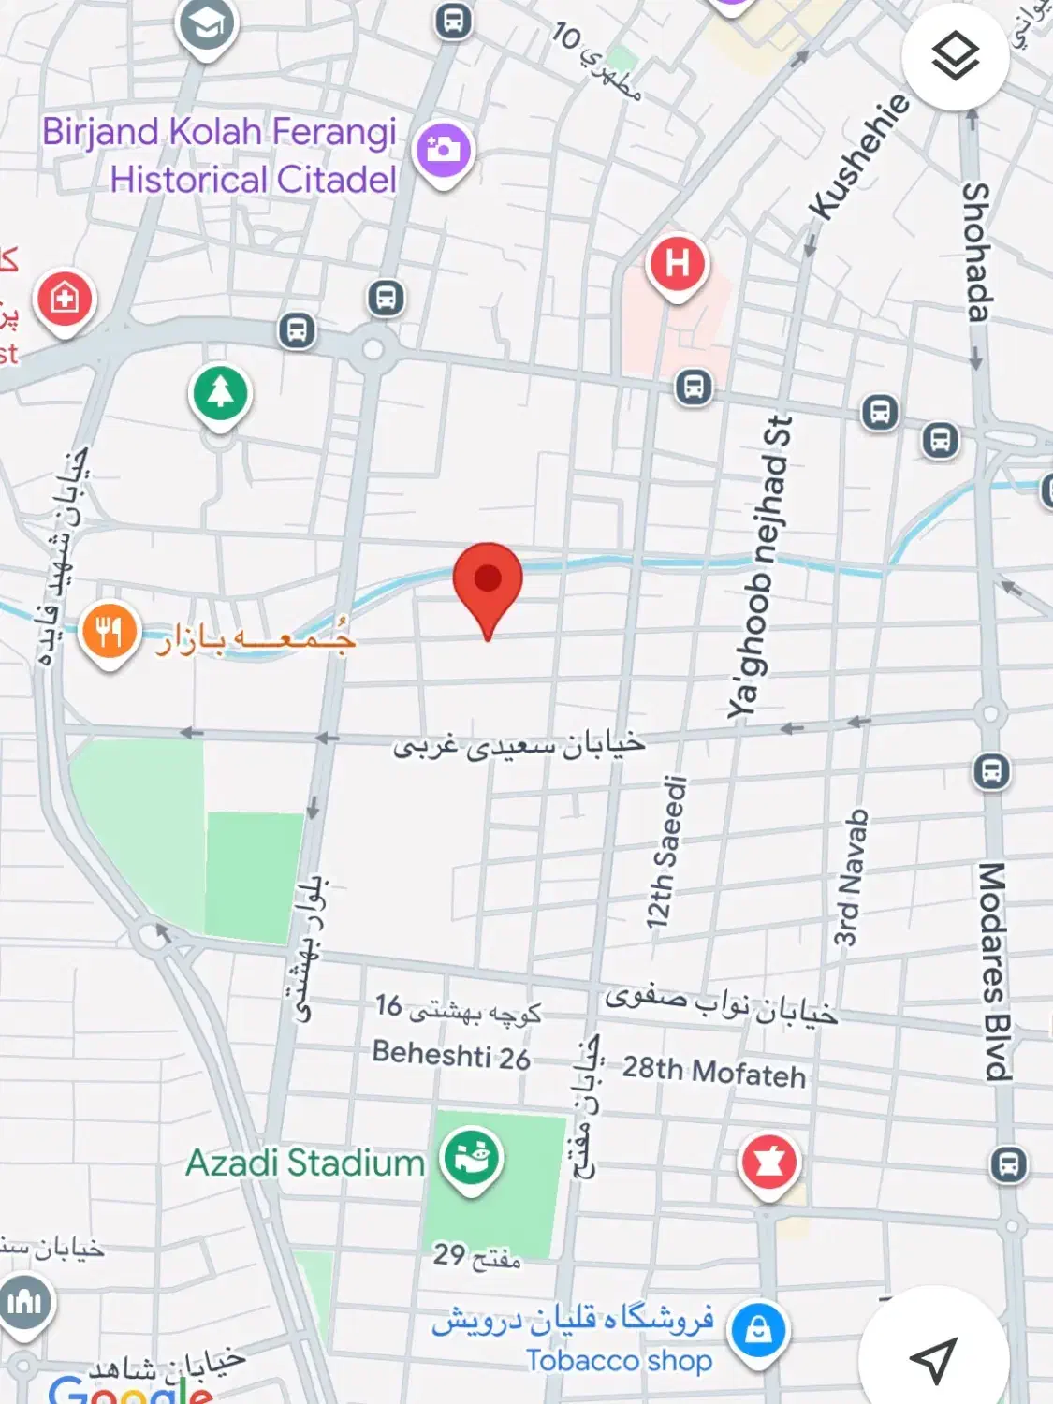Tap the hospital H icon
point(677,264)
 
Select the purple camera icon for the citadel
point(443,150)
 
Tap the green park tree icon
point(220,393)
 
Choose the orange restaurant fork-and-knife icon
point(109,633)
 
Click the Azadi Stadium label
point(305,1163)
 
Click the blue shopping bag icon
point(758,1330)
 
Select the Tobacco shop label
point(619,1360)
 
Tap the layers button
point(955,56)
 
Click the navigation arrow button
point(933,1358)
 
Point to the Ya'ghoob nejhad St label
point(760,567)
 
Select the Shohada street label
point(976,252)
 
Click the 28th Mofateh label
point(714,1071)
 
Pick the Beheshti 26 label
point(451,1055)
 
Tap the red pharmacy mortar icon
point(768,1162)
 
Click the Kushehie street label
point(858,156)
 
